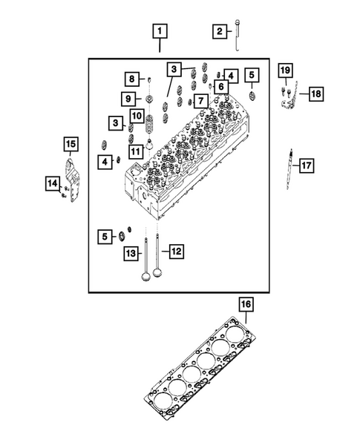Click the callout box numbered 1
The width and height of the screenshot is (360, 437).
tap(160, 32)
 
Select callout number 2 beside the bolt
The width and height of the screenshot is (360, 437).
tap(219, 31)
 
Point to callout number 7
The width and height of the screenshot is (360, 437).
tap(200, 100)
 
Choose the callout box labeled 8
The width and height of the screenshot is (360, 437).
tap(131, 79)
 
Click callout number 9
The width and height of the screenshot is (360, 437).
tap(128, 99)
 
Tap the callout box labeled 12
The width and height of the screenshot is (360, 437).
tap(175, 252)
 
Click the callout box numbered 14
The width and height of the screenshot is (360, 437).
tap(53, 184)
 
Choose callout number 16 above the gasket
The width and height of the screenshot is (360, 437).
tap(246, 303)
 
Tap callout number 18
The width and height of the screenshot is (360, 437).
tap(315, 93)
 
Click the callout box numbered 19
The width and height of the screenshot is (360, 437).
tap(284, 70)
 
